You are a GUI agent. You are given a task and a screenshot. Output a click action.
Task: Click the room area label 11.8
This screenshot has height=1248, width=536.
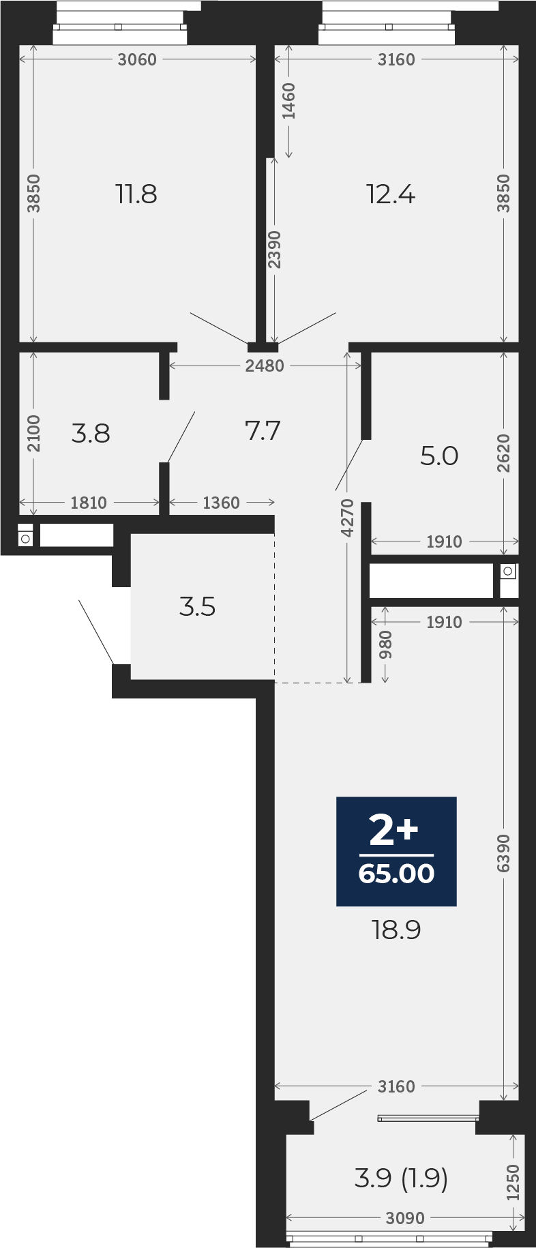[x=136, y=194]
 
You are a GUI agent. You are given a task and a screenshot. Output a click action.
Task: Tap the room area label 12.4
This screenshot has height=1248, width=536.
[x=391, y=195]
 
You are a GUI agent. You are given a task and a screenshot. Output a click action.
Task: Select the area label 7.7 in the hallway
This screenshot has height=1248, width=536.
[x=263, y=431]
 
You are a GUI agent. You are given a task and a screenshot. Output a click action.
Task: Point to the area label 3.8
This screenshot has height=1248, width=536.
[x=91, y=433]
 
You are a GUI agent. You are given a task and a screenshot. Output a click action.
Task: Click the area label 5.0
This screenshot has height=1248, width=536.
[x=439, y=456]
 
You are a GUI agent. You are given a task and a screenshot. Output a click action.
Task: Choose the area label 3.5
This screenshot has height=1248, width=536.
[x=197, y=606]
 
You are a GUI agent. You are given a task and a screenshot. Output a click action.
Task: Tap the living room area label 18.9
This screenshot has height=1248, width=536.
[x=396, y=929]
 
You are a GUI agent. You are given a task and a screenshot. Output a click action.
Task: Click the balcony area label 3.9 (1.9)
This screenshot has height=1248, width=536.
[x=401, y=1178]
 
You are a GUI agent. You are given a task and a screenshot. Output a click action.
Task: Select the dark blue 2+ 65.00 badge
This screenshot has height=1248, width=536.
[x=396, y=851]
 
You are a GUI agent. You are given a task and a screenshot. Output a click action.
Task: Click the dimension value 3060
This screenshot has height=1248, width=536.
[x=137, y=60]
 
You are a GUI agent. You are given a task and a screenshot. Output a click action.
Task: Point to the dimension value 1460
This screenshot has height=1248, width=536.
[x=288, y=101]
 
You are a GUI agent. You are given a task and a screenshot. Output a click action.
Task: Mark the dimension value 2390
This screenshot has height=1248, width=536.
[x=274, y=250]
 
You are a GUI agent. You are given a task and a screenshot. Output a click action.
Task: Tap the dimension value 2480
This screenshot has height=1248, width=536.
[x=265, y=366]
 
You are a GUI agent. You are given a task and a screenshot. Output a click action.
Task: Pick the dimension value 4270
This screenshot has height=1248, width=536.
[x=347, y=518]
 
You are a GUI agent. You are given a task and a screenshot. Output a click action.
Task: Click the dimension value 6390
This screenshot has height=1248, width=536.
[x=503, y=852]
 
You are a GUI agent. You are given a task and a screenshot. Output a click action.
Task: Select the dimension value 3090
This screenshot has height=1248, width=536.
[x=405, y=1217]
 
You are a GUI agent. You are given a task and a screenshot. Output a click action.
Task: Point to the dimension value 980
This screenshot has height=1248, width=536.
[x=385, y=644]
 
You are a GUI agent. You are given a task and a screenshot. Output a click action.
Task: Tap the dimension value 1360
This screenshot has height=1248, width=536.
[x=222, y=503]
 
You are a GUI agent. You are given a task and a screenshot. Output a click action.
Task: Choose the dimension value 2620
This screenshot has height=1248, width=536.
[x=503, y=454]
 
